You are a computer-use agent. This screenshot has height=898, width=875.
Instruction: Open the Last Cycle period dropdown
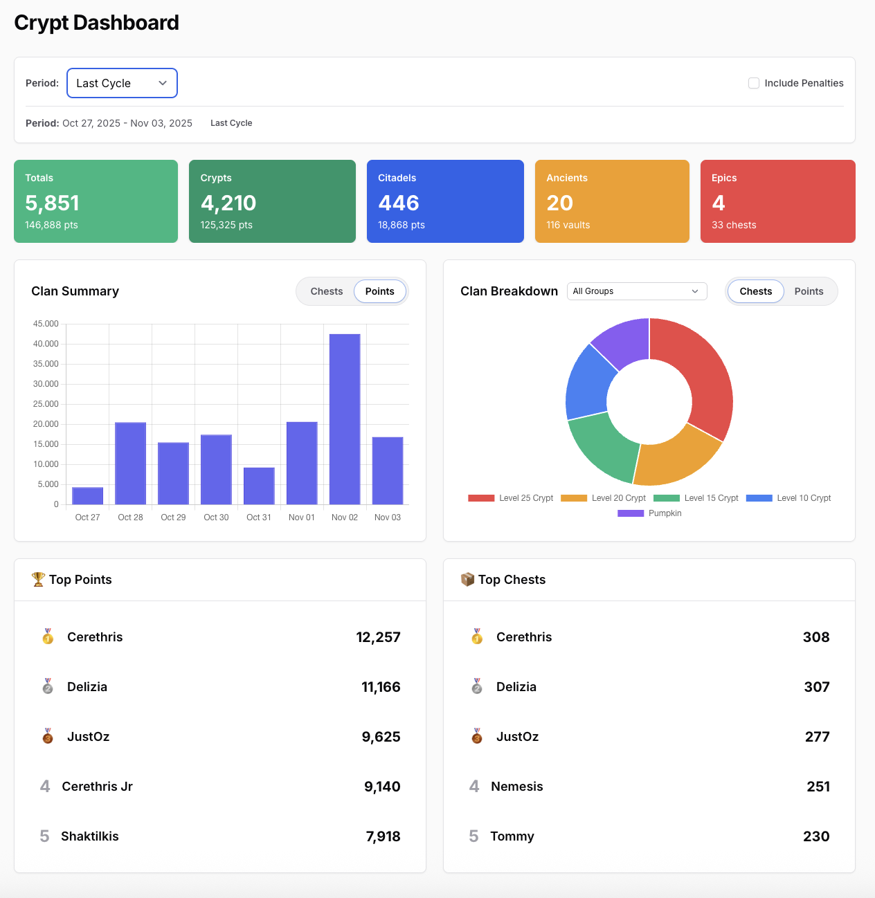(122, 83)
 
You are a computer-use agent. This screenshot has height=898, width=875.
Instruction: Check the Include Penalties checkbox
(754, 83)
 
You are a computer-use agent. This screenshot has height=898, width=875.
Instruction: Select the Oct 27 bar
(88, 495)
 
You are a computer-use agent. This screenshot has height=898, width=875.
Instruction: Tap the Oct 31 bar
(259, 486)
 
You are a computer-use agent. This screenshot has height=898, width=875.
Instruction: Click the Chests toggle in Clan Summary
(326, 291)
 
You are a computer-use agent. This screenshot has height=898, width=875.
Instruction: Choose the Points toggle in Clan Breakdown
(809, 291)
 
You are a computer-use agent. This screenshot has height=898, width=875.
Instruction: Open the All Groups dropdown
(636, 291)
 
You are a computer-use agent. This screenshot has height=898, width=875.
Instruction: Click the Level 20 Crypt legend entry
(604, 498)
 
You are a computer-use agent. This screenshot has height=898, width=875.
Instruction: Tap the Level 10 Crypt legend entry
(789, 498)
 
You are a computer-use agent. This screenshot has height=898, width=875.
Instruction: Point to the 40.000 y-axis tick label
(46, 344)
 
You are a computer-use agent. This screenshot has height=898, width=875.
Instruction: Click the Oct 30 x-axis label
(216, 517)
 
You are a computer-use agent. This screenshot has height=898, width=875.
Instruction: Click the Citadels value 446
(399, 203)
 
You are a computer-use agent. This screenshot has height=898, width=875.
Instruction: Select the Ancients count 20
(559, 203)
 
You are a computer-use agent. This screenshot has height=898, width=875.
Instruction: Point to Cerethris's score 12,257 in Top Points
(378, 637)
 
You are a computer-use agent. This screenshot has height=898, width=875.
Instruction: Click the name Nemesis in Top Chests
(516, 787)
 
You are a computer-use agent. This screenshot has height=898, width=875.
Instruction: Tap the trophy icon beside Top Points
(38, 579)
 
